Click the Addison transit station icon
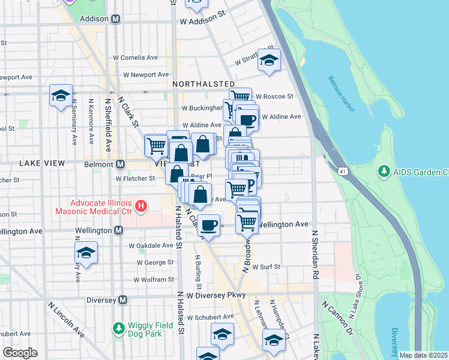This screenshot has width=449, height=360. pos(116,19)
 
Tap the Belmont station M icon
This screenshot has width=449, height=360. pos(121,164)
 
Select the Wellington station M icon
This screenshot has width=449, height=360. pos(118,230)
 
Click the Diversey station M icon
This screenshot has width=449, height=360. pos(123,299)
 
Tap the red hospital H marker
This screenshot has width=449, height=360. pos(141,207)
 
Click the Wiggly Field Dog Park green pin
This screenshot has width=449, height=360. pos(118,329)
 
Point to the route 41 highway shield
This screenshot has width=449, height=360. pos(342,172)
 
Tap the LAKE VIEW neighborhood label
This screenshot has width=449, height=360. pos(38,163)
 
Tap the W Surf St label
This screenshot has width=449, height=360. pos(267,266)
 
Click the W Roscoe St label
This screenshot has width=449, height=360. pos(274,96)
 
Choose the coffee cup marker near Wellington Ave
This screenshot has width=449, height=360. pos(208,225)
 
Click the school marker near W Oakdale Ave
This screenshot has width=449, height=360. pos(86,252)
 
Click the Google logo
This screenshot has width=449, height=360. pos(20,353)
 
